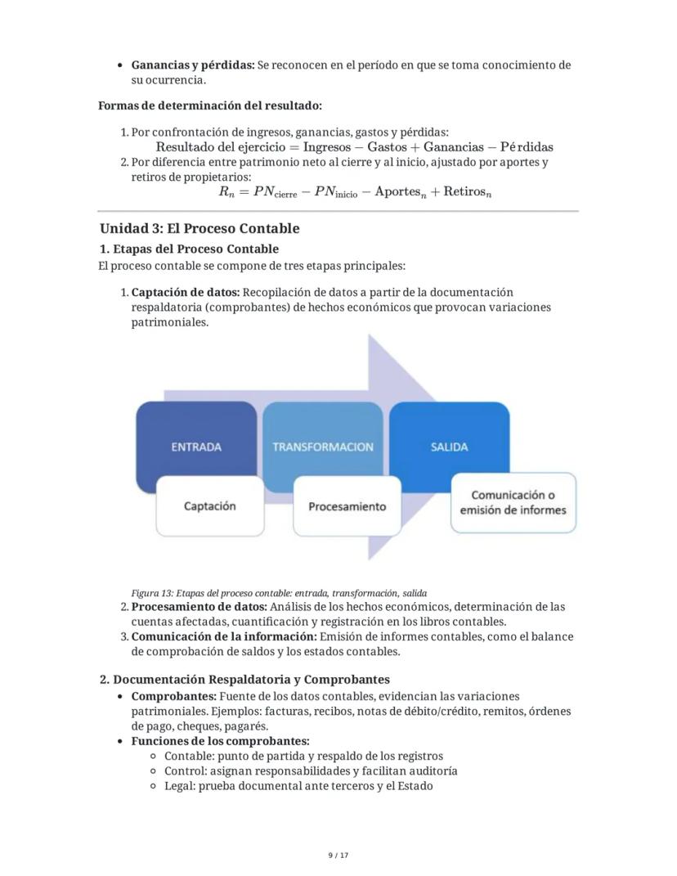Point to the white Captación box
click(210, 506)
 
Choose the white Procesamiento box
click(347, 506)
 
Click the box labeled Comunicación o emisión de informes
click(513, 502)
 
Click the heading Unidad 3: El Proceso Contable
click(200, 228)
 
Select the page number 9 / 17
click(338, 856)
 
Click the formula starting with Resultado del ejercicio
click(354, 147)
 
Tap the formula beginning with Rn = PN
click(354, 192)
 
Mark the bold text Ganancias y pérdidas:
click(193, 65)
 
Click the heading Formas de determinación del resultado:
click(209, 106)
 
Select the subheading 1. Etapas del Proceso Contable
click(189, 249)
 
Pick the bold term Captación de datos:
click(186, 292)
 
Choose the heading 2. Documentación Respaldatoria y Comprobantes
click(244, 680)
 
